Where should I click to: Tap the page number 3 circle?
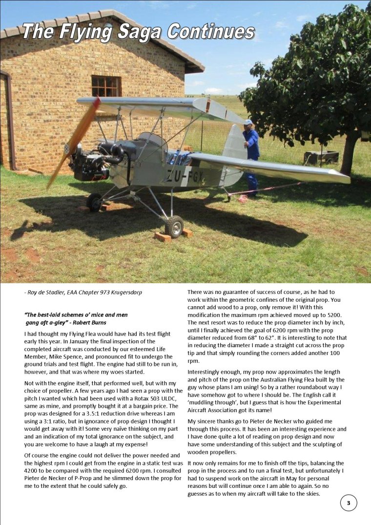pyautogui.click(x=348, y=503)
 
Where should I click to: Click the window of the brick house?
pyautogui.click(x=106, y=86)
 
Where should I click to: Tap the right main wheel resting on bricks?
pyautogui.click(x=174, y=226)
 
